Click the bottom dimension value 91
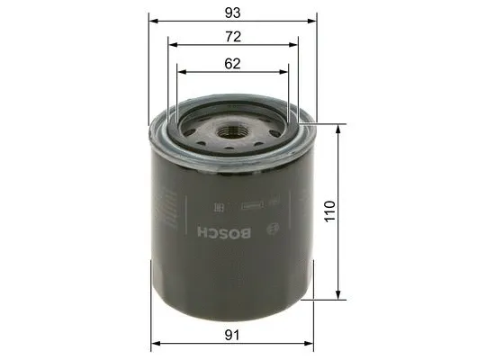click(x=234, y=334)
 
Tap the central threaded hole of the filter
click(x=235, y=133)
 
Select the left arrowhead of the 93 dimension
click(x=153, y=21)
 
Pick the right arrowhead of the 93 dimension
click(x=315, y=21)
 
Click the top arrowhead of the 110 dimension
click(x=339, y=129)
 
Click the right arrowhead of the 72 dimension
click(x=297, y=45)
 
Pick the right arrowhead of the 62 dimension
click(x=286, y=71)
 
